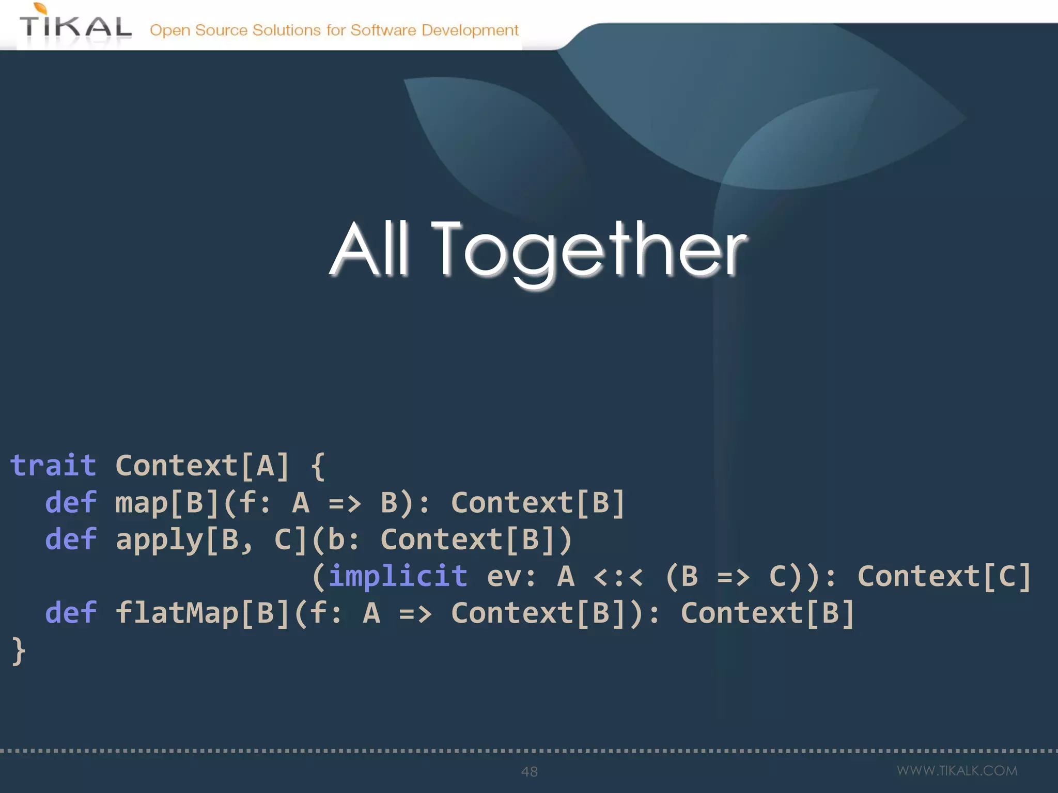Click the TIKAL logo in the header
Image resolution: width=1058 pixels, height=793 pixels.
pyautogui.click(x=75, y=26)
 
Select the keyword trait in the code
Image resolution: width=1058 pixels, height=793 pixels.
pyautogui.click(x=53, y=466)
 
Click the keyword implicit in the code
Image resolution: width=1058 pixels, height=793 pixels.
pyautogui.click(x=398, y=576)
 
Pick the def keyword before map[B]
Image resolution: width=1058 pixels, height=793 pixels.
pyautogui.click(x=71, y=502)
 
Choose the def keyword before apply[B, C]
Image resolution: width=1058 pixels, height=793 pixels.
pyautogui.click(x=71, y=540)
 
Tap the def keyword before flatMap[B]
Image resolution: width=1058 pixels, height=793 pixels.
pyautogui.click(x=71, y=613)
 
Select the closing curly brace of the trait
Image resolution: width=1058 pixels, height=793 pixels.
pyautogui.click(x=19, y=651)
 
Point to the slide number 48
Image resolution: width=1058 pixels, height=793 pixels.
pyautogui.click(x=530, y=772)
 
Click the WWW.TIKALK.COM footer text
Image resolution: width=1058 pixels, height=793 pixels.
pyautogui.click(x=957, y=771)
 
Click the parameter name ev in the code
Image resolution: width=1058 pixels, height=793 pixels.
pyautogui.click(x=503, y=577)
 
